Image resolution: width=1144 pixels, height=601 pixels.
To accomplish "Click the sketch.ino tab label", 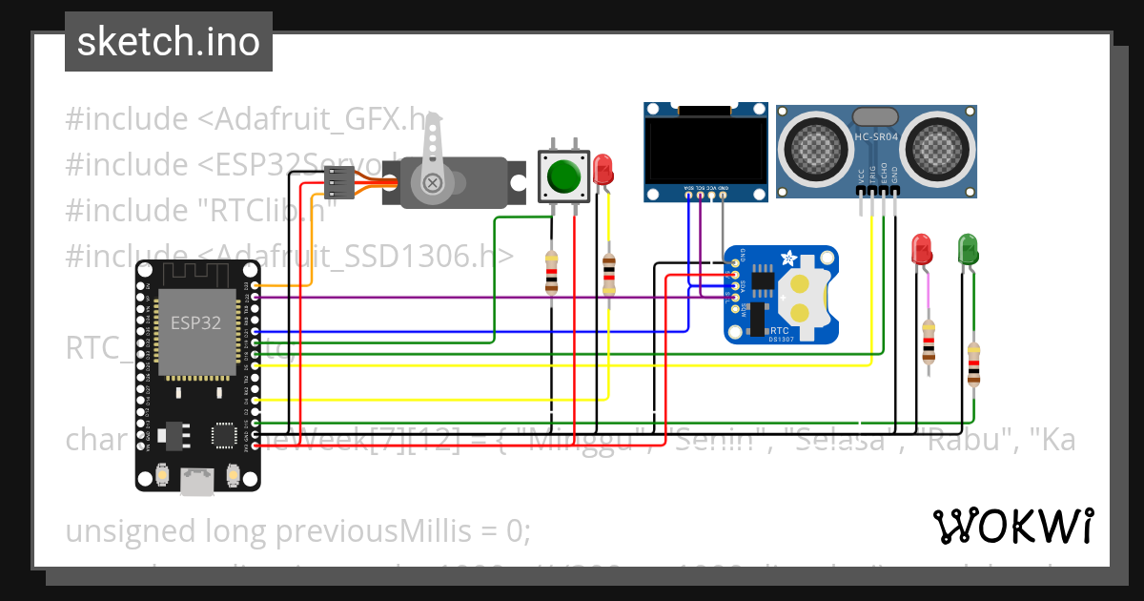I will click(168, 42).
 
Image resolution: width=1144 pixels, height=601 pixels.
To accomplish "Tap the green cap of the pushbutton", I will click(563, 176).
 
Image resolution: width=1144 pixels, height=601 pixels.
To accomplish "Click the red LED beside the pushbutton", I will click(603, 171).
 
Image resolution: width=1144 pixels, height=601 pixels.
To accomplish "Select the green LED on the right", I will click(967, 249).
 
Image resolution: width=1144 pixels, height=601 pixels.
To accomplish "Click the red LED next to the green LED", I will click(922, 249).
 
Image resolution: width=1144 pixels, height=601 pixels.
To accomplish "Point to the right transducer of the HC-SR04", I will click(937, 148).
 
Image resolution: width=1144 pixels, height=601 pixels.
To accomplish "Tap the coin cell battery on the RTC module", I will click(803, 298).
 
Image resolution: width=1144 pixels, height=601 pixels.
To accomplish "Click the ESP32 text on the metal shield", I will click(195, 322).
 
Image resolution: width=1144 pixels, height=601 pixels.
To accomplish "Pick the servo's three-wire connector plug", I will click(339, 181).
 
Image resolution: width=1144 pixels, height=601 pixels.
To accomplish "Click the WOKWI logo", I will click(1012, 526).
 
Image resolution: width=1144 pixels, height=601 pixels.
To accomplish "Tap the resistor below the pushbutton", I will click(551, 272).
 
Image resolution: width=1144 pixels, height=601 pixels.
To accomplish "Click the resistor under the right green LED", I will click(973, 363).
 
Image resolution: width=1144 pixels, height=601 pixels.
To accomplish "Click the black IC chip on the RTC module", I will click(763, 278).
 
